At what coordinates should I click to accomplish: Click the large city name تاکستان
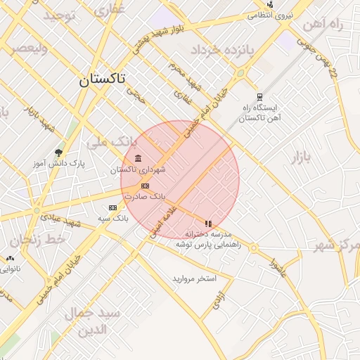(x=101, y=79)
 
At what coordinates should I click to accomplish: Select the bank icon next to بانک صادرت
(x=145, y=186)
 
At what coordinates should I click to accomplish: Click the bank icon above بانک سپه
(x=112, y=207)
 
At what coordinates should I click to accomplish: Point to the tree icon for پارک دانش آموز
(x=58, y=152)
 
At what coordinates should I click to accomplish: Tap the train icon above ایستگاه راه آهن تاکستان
(x=259, y=97)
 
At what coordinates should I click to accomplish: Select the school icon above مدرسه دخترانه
(x=208, y=224)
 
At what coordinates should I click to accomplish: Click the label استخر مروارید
(x=194, y=278)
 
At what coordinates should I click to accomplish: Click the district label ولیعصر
(x=28, y=49)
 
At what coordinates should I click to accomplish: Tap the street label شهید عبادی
(x=61, y=220)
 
